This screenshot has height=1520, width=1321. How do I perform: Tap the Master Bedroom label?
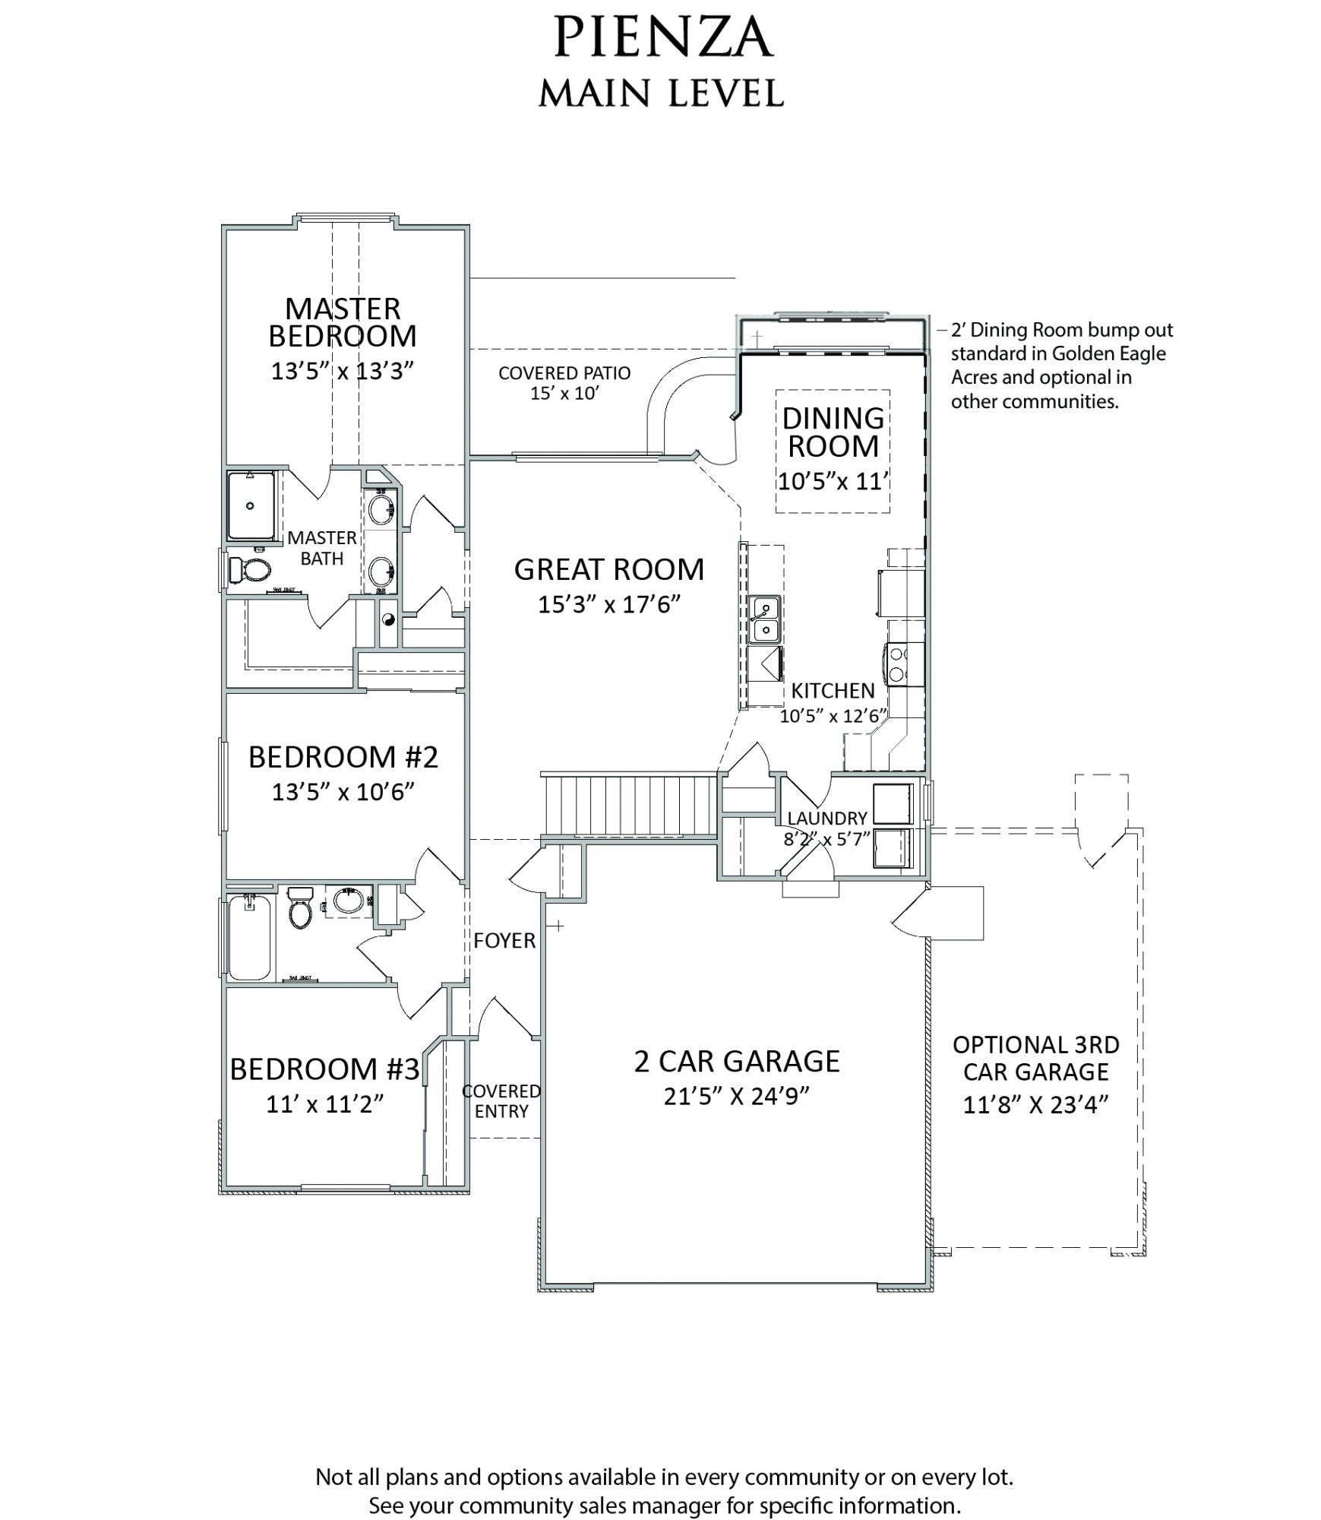click(x=342, y=322)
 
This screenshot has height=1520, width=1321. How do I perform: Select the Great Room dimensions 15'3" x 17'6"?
click(x=608, y=604)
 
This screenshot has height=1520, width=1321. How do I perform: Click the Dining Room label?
click(x=833, y=432)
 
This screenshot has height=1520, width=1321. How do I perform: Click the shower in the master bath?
click(x=251, y=505)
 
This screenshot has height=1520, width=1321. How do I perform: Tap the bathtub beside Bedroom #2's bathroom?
click(x=249, y=937)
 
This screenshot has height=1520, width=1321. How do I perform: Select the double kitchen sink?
click(x=763, y=619)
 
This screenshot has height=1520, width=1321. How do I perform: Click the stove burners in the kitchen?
click(x=898, y=663)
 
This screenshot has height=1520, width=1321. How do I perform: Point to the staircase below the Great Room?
click(x=629, y=803)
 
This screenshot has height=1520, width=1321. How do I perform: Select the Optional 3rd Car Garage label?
click(x=1036, y=1058)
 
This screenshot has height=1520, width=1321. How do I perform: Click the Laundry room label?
click(x=827, y=818)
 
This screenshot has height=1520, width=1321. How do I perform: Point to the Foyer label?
click(x=504, y=941)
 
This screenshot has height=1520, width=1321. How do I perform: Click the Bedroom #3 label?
click(x=324, y=1069)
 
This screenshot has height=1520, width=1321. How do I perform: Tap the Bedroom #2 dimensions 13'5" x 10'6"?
click(x=343, y=792)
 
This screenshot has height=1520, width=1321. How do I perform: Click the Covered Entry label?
click(x=501, y=1100)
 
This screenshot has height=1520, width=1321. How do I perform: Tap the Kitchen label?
click(x=833, y=690)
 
